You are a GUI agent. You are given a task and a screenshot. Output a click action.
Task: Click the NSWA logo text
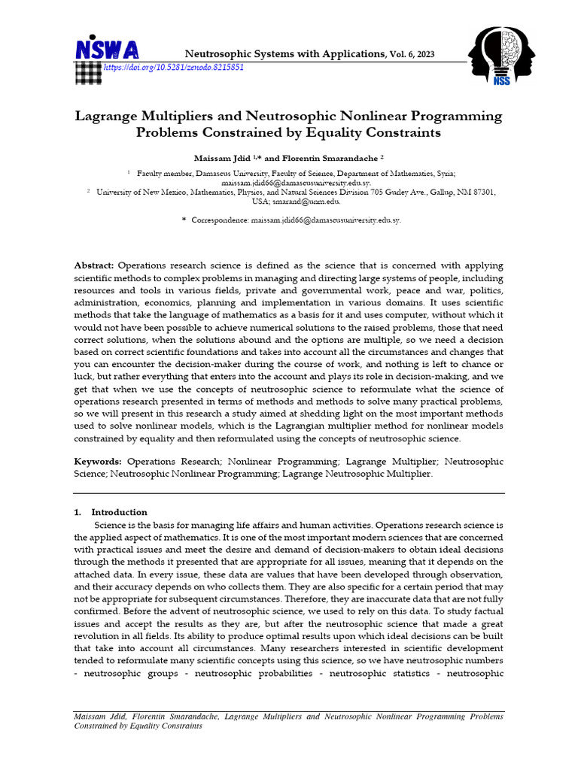pos(106,49)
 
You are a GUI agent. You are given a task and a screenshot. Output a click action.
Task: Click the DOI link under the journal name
pos(173,68)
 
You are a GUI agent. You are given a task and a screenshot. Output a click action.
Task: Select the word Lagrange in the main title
pos(108,117)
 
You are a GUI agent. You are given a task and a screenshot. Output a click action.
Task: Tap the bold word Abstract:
pos(94,267)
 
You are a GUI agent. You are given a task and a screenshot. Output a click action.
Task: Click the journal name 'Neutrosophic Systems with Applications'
pos(284,53)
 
